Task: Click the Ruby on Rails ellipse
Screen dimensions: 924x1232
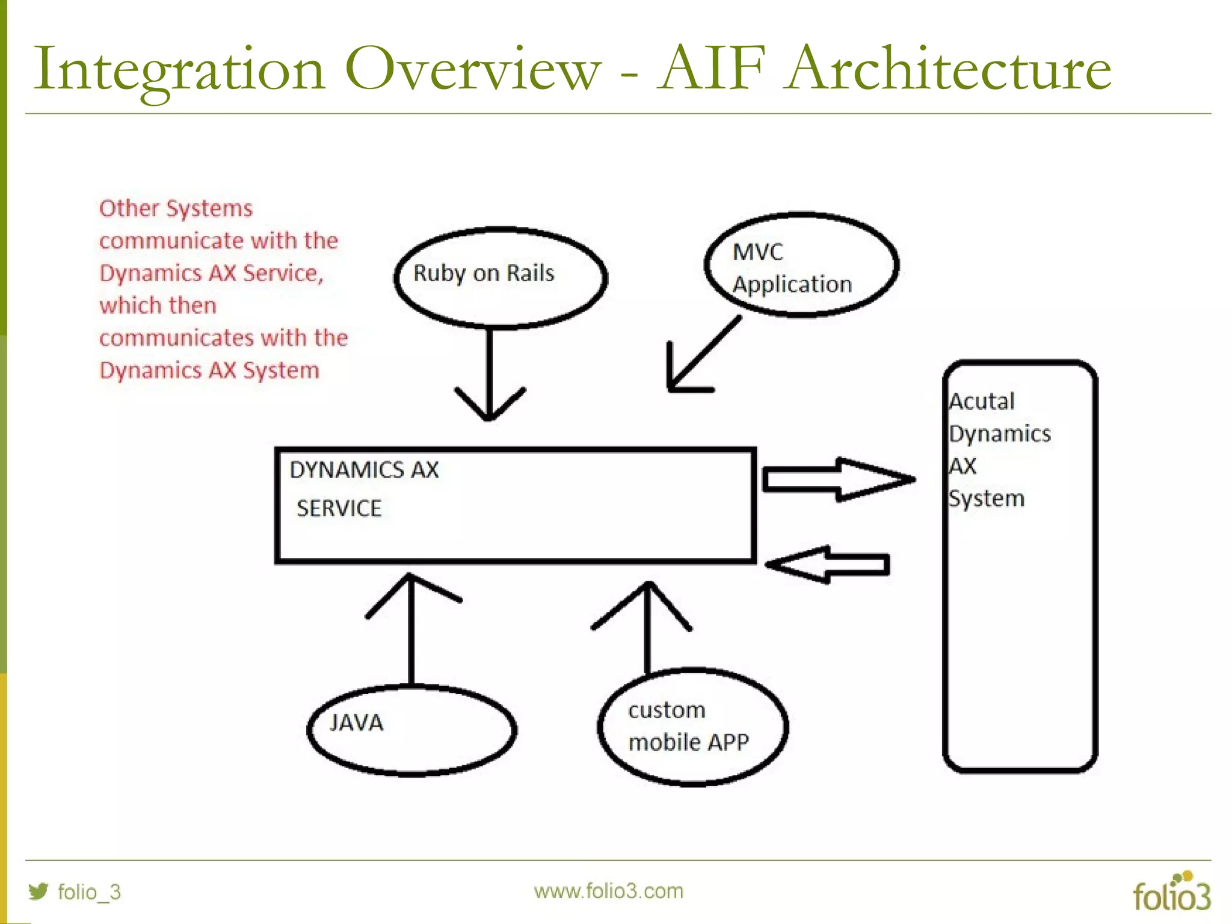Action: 500,277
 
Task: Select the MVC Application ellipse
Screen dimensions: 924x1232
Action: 801,265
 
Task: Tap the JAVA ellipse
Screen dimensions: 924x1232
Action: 411,730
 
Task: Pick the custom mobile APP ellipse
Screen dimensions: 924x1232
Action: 693,726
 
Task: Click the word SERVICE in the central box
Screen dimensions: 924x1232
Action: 339,509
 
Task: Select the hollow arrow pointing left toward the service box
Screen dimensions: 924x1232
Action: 828,565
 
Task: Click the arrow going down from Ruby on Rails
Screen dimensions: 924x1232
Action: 490,373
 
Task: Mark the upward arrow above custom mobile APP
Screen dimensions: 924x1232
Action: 647,626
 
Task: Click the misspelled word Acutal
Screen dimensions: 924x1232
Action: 982,401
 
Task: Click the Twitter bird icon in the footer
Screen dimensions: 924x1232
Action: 38,891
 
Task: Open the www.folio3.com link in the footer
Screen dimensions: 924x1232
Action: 608,891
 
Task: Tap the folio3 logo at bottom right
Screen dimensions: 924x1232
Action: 1171,893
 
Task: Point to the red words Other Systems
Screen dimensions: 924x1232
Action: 176,209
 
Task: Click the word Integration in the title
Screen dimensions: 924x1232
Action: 179,71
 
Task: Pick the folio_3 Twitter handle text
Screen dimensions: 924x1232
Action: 89,892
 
